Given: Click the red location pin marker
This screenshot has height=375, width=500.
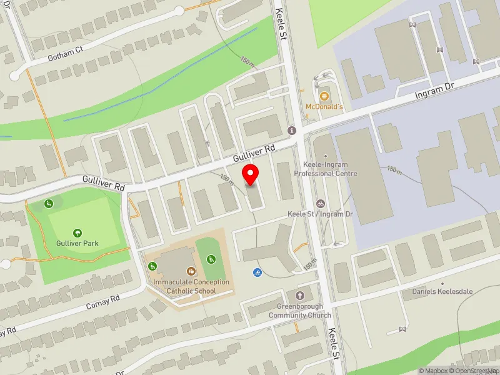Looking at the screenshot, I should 251,174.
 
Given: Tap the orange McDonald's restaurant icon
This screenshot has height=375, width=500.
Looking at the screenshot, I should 324,96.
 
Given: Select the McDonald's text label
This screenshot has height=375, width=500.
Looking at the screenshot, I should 324,107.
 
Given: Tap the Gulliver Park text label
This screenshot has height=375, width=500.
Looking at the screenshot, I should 77,243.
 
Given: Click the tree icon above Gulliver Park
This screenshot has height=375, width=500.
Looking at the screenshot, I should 77,232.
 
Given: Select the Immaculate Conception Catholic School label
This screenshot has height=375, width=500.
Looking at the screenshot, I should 191,286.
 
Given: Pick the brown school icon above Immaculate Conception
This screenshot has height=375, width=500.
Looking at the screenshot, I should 191,271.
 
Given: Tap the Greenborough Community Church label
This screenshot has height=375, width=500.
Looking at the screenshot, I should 299,311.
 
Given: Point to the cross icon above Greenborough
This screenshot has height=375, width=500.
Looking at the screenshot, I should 299,295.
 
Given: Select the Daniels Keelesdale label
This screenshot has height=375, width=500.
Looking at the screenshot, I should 437,292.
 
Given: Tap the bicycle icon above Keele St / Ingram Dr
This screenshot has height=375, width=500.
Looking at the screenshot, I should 321,203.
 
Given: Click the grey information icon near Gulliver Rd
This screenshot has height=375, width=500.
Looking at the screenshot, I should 291,130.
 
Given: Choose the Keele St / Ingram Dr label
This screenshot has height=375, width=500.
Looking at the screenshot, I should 321,214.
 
